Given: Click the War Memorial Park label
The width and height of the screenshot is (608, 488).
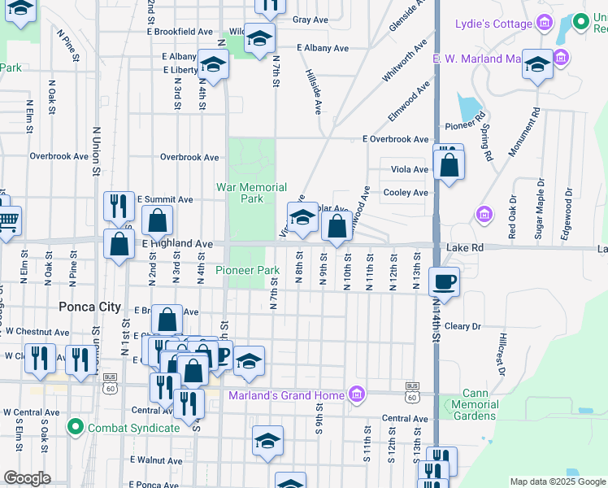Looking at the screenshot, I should point(251,193).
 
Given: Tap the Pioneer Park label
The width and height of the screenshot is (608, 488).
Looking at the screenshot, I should point(248,270).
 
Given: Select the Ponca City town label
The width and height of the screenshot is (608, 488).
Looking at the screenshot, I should point(89,307).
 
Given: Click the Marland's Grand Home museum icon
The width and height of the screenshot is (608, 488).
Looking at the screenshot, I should point(355,395).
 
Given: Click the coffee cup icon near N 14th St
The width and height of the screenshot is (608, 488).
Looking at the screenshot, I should point(444,282).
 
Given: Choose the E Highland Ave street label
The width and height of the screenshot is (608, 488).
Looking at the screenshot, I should point(177,243).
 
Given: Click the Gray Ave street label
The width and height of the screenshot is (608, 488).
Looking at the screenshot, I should point(310,20).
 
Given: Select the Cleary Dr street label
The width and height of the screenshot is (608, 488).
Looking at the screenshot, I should point(463,326).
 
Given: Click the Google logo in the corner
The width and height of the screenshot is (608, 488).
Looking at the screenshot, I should point(28,478).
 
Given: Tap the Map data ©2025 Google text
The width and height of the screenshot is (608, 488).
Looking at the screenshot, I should point(557,481).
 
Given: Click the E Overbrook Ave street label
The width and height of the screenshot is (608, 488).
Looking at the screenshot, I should point(395,139).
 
